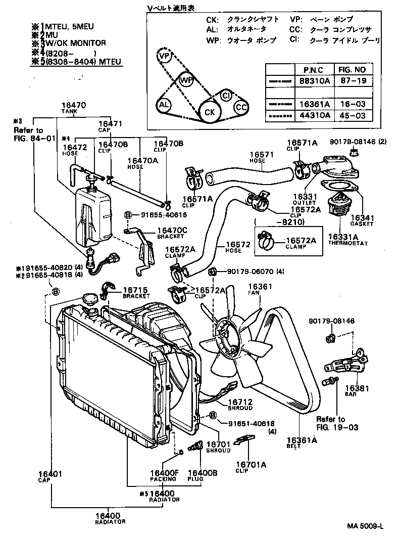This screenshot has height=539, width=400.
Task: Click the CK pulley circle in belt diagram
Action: click(x=208, y=112)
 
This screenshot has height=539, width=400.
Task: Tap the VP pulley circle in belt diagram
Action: click(x=164, y=55)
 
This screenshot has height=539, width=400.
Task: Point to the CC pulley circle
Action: click(x=241, y=107)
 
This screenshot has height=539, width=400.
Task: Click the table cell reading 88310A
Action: click(x=316, y=80)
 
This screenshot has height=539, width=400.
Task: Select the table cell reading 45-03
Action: click(x=352, y=115)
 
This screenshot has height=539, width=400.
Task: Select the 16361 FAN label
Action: click(x=260, y=287)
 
